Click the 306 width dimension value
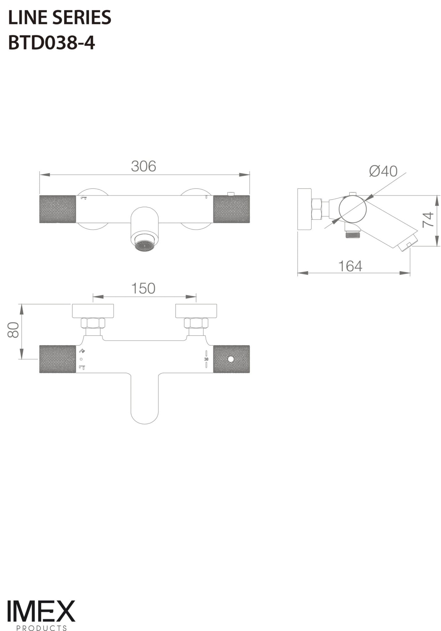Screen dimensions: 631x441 [143, 166]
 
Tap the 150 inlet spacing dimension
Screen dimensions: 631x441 [143, 289]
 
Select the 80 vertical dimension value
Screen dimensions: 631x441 [13, 330]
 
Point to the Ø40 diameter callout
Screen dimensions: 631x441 [383, 171]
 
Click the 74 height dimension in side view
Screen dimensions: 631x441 [428, 220]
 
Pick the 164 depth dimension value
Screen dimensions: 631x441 [350, 266]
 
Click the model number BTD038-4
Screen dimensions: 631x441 [52, 43]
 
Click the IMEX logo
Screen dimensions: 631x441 [41, 611]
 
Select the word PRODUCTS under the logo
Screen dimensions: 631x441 [41, 628]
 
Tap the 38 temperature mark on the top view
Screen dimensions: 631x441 [206, 359]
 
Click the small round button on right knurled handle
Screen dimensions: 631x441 [230, 359]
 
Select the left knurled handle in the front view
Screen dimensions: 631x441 [58, 209]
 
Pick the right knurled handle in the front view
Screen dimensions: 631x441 [231, 209]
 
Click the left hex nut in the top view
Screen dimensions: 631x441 [93, 323]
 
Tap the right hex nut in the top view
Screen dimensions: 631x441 [196, 323]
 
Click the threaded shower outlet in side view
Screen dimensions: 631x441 [352, 234]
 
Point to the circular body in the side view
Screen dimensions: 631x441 [352, 209]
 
